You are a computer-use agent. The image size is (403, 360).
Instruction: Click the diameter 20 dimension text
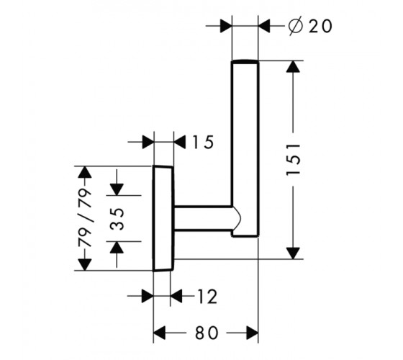tap(310, 26)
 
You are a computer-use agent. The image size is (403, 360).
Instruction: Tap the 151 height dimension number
tap(294, 159)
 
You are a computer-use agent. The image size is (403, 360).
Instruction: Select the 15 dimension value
tap(203, 143)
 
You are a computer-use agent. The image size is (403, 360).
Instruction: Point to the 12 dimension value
tap(207, 297)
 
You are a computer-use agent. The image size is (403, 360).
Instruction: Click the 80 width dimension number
tap(207, 333)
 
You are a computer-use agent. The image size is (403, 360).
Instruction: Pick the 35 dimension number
tap(117, 219)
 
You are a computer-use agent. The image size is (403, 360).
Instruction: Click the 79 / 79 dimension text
tap(85, 218)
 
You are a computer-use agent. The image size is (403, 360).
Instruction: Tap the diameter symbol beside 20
tap(295, 26)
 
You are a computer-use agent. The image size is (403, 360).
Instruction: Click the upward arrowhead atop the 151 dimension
tap(293, 66)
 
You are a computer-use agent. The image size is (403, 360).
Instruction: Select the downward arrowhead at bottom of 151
tap(293, 253)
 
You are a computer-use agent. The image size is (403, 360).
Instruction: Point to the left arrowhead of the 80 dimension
tap(159, 333)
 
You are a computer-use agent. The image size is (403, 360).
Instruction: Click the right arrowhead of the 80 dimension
tap(252, 333)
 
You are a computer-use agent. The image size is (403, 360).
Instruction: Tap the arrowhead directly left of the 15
tap(148, 142)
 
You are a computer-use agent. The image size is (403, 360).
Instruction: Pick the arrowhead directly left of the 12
tap(148, 296)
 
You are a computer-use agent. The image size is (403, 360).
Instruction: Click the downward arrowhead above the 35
tap(117, 189)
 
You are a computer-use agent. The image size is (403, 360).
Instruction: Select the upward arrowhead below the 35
tap(117, 248)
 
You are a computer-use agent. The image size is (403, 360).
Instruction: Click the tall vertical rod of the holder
tap(245, 148)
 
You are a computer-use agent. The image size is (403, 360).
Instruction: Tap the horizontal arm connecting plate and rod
tap(204, 217)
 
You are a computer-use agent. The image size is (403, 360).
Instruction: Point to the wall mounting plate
tap(163, 219)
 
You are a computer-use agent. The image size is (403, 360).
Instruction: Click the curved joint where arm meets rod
tap(237, 219)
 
